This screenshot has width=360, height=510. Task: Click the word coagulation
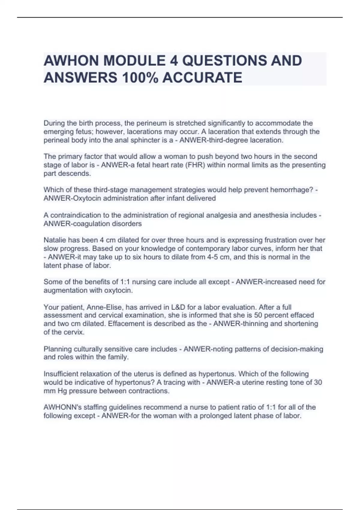click(89, 223)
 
